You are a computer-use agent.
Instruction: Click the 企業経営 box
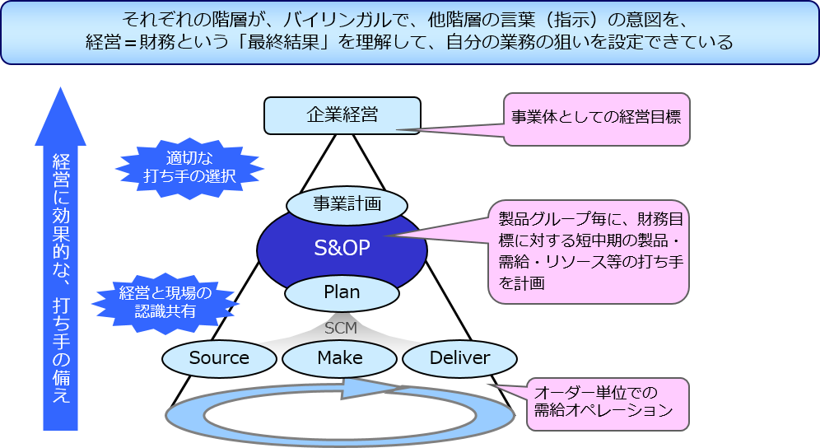pos(342,115)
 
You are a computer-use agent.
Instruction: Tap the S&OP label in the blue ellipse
pos(342,248)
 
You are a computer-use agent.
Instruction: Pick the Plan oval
pos(342,292)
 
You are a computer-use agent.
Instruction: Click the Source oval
pos(219,358)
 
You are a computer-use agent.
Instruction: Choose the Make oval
pos(340,358)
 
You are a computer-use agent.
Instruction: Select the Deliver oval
pos(459,358)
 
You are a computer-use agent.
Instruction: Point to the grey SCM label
pos(341,328)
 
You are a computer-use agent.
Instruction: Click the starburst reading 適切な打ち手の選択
pos(189,167)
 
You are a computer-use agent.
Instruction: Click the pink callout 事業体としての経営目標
pos(596,117)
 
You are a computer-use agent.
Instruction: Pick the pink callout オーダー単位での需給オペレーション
pos(607,402)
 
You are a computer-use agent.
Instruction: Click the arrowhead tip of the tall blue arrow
pos(60,92)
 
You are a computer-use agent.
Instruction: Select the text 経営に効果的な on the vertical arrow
pos(60,221)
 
